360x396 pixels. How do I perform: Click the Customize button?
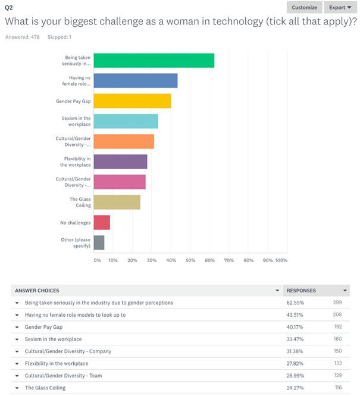305,8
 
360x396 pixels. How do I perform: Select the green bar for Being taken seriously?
154,61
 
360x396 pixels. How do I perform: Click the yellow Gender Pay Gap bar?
132,101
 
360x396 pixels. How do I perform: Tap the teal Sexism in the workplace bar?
126,121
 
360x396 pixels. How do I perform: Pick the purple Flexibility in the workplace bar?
120,161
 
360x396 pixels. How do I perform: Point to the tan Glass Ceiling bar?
117,202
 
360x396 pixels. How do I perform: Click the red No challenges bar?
102,222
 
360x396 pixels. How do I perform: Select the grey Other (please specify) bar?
99,242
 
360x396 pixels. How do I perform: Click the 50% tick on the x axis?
190,260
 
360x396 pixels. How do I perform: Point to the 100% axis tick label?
281,260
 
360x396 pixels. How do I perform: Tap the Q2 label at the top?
9,8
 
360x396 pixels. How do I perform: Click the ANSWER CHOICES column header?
37,291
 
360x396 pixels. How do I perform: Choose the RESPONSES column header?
301,291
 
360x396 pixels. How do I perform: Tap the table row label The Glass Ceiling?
45,388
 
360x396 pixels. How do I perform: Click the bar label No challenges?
75,223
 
